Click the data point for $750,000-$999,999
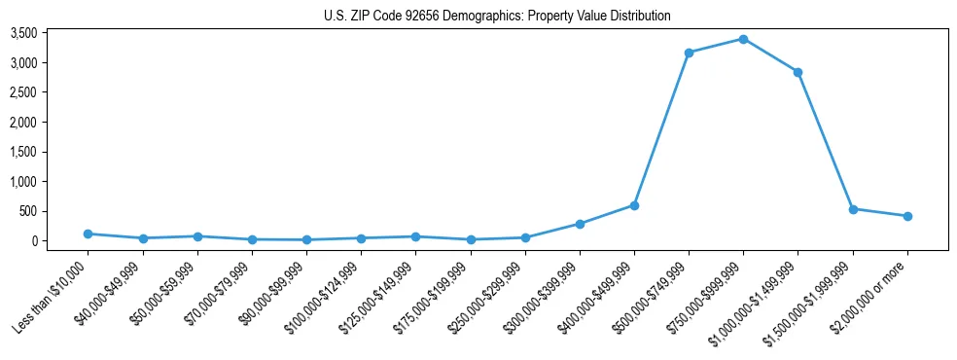pyautogui.click(x=743, y=39)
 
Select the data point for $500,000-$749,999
pyautogui.click(x=689, y=53)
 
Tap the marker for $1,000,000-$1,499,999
pyautogui.click(x=797, y=72)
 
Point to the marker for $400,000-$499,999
pyautogui.click(x=634, y=205)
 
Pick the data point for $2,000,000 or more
pyautogui.click(x=907, y=216)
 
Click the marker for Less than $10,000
pyautogui.click(x=89, y=234)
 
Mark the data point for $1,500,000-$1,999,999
pyautogui.click(x=853, y=209)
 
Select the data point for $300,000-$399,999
pyautogui.click(x=580, y=224)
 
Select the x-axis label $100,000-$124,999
pyautogui.click(x=325, y=296)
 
